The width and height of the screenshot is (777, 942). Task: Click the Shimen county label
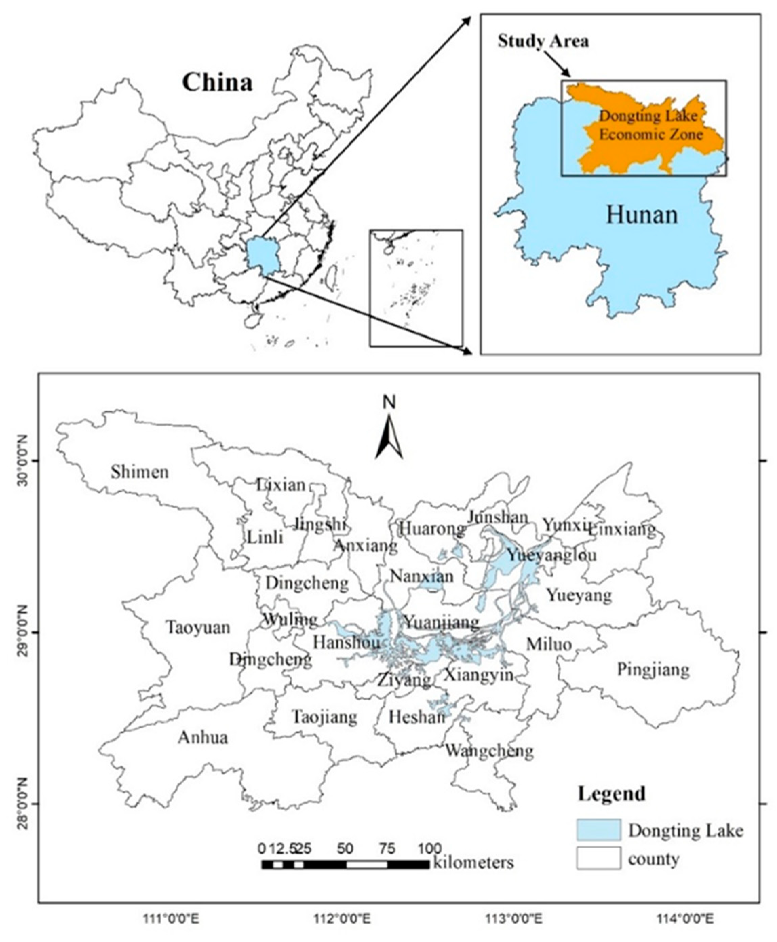coord(140,472)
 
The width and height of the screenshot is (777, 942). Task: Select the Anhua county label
coord(203,737)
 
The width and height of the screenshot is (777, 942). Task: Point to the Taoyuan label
coord(198,627)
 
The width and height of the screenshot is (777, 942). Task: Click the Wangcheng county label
coord(489,750)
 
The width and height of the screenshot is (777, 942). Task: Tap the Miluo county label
coord(549,644)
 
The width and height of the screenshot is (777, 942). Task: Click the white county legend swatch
coord(598,858)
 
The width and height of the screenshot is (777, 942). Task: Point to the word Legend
coord(611,793)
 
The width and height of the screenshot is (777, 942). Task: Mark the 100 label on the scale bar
coord(430,848)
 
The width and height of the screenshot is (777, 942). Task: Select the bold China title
coord(217,83)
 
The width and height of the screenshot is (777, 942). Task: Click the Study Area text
coord(543,41)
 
